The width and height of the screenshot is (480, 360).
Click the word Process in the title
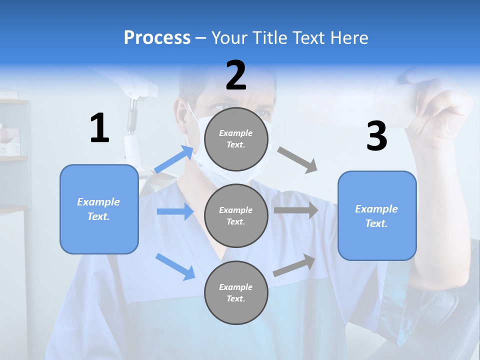[157, 38]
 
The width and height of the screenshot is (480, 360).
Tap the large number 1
[99, 128]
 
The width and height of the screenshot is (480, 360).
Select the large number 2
[236, 75]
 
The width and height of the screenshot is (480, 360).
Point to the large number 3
[376, 136]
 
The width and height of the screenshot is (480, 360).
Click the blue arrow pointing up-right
[174, 159]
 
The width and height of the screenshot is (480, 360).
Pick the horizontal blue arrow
[175, 211]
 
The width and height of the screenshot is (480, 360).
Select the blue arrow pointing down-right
[175, 266]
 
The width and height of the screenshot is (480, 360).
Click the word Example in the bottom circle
[235, 287]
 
